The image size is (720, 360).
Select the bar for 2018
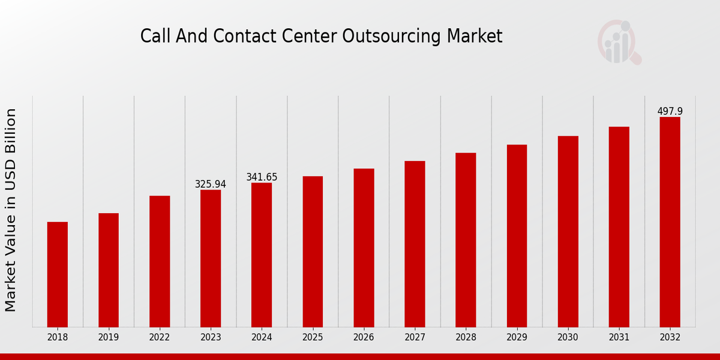58,274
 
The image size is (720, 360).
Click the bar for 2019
109,270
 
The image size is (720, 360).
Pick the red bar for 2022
160,261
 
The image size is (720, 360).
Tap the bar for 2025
313,251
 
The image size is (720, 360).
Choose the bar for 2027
415,244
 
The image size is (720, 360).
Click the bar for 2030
568,231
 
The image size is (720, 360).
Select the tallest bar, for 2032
670,222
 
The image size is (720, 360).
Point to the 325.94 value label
211,184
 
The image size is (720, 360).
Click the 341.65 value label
262,177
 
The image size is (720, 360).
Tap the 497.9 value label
670,112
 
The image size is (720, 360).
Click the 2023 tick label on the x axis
211,338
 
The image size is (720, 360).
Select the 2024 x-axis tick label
262,338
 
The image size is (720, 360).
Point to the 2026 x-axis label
364,338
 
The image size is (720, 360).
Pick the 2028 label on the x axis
466,338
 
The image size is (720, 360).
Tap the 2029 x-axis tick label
517,338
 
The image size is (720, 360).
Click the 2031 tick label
619,338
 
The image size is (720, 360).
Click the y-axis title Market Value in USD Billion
11,210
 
